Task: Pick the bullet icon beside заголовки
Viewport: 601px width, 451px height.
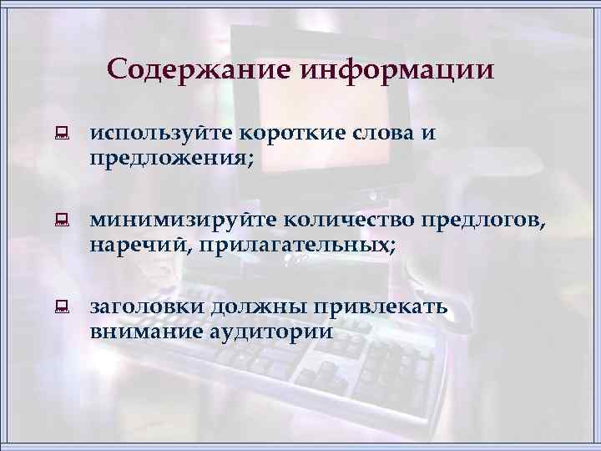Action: [x=61, y=308]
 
